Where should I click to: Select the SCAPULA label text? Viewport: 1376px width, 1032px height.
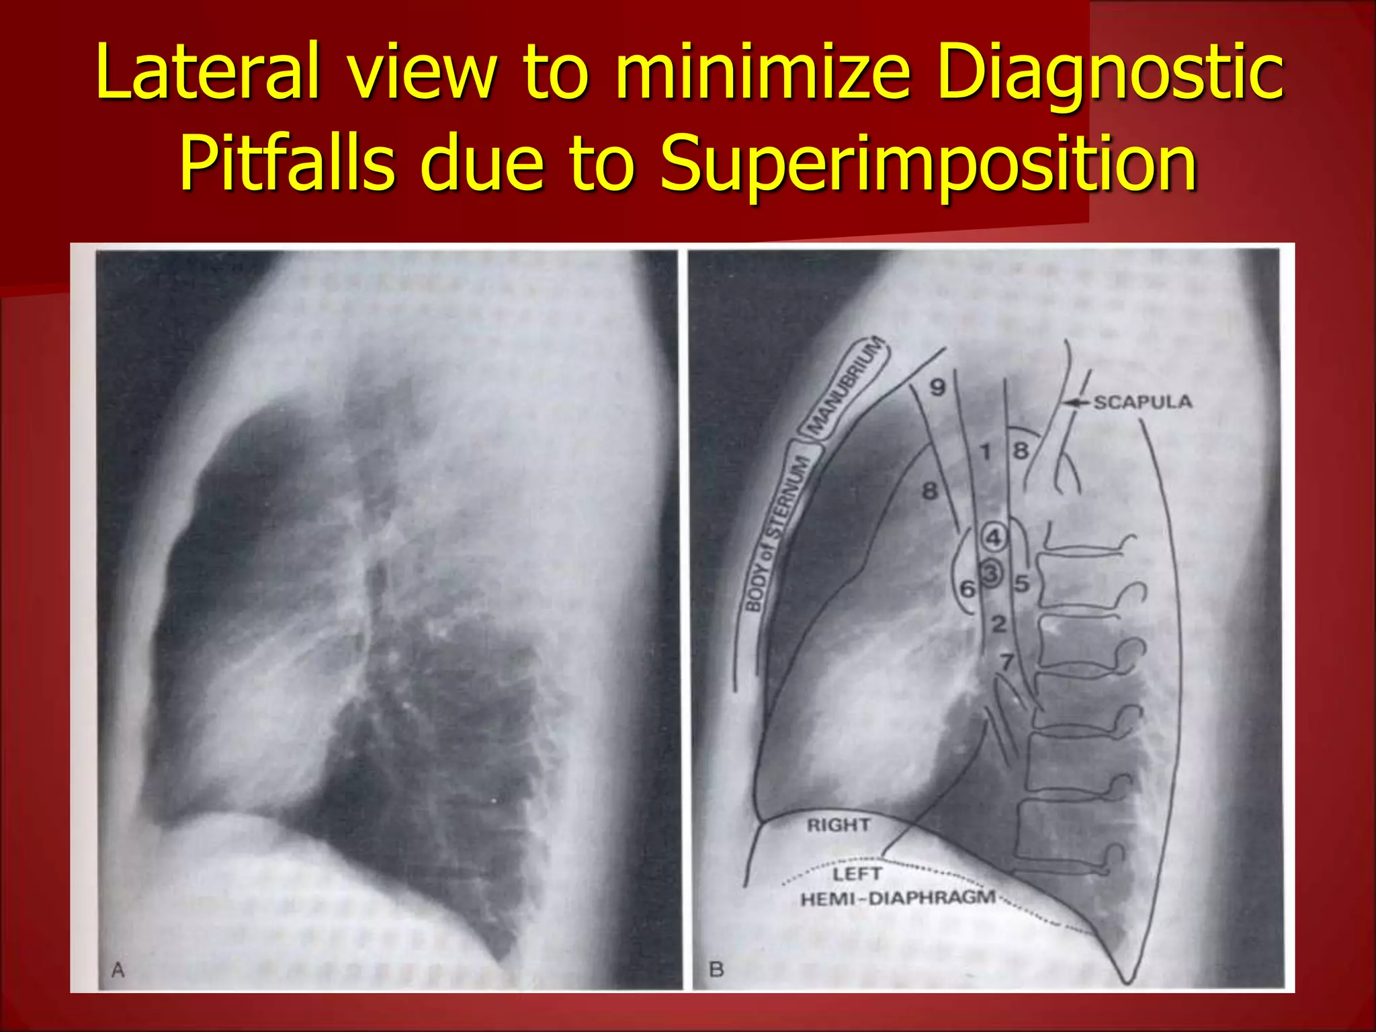1143,402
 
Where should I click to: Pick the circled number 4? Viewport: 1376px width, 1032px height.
993,537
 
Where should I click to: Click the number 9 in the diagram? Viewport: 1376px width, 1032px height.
937,388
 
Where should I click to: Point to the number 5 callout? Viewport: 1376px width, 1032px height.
1022,583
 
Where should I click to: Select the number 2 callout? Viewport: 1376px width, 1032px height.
999,624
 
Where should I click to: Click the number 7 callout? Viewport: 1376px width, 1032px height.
1006,662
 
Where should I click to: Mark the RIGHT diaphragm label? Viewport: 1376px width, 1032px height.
838,825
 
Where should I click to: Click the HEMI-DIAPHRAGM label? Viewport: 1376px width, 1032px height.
898,898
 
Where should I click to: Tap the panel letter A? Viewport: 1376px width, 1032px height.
118,970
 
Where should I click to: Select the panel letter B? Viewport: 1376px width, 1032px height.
716,970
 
